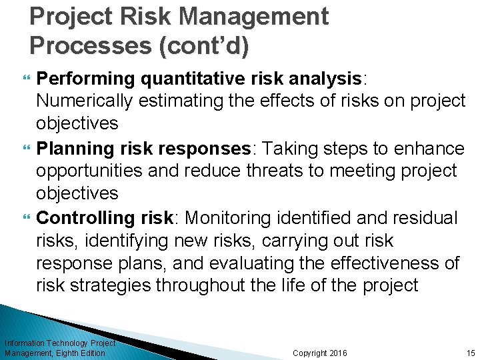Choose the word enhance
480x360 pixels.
tap(426, 147)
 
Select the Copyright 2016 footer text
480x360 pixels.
tap(319, 353)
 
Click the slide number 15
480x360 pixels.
tap(471, 353)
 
